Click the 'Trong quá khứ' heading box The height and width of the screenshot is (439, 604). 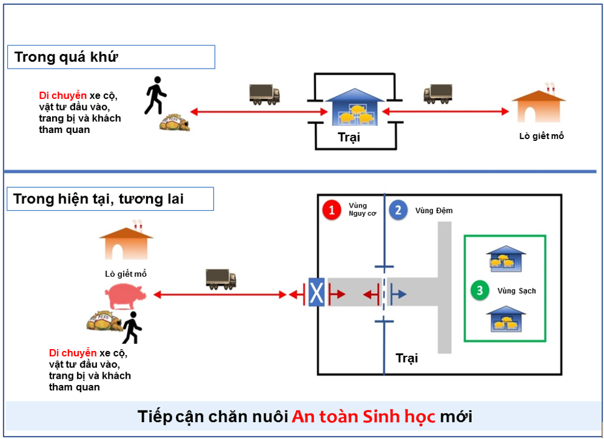(111, 57)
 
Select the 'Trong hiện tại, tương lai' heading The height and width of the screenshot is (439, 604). (110, 199)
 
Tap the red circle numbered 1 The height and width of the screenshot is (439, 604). (331, 211)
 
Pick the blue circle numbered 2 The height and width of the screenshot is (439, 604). (398, 211)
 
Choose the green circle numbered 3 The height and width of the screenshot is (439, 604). (480, 291)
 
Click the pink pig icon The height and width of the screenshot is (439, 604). (126, 295)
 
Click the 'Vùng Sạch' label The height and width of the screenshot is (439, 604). (517, 291)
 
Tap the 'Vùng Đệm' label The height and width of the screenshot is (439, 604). (434, 211)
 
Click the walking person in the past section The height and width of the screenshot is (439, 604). (155, 96)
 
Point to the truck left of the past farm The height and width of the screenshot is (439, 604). (264, 94)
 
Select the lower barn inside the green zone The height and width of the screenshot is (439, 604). (506, 319)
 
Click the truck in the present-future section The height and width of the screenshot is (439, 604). (221, 279)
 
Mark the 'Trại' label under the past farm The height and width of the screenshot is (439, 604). (349, 137)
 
